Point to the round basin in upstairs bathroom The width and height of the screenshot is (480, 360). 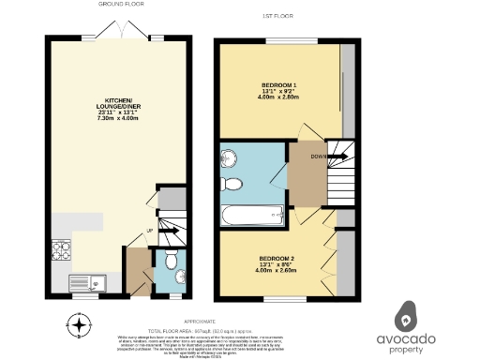tap(229, 157)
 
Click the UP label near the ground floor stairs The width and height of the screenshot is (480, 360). tap(148, 231)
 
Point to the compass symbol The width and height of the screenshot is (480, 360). tap(81, 326)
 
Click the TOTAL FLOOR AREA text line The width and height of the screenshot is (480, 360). tap(187, 331)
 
